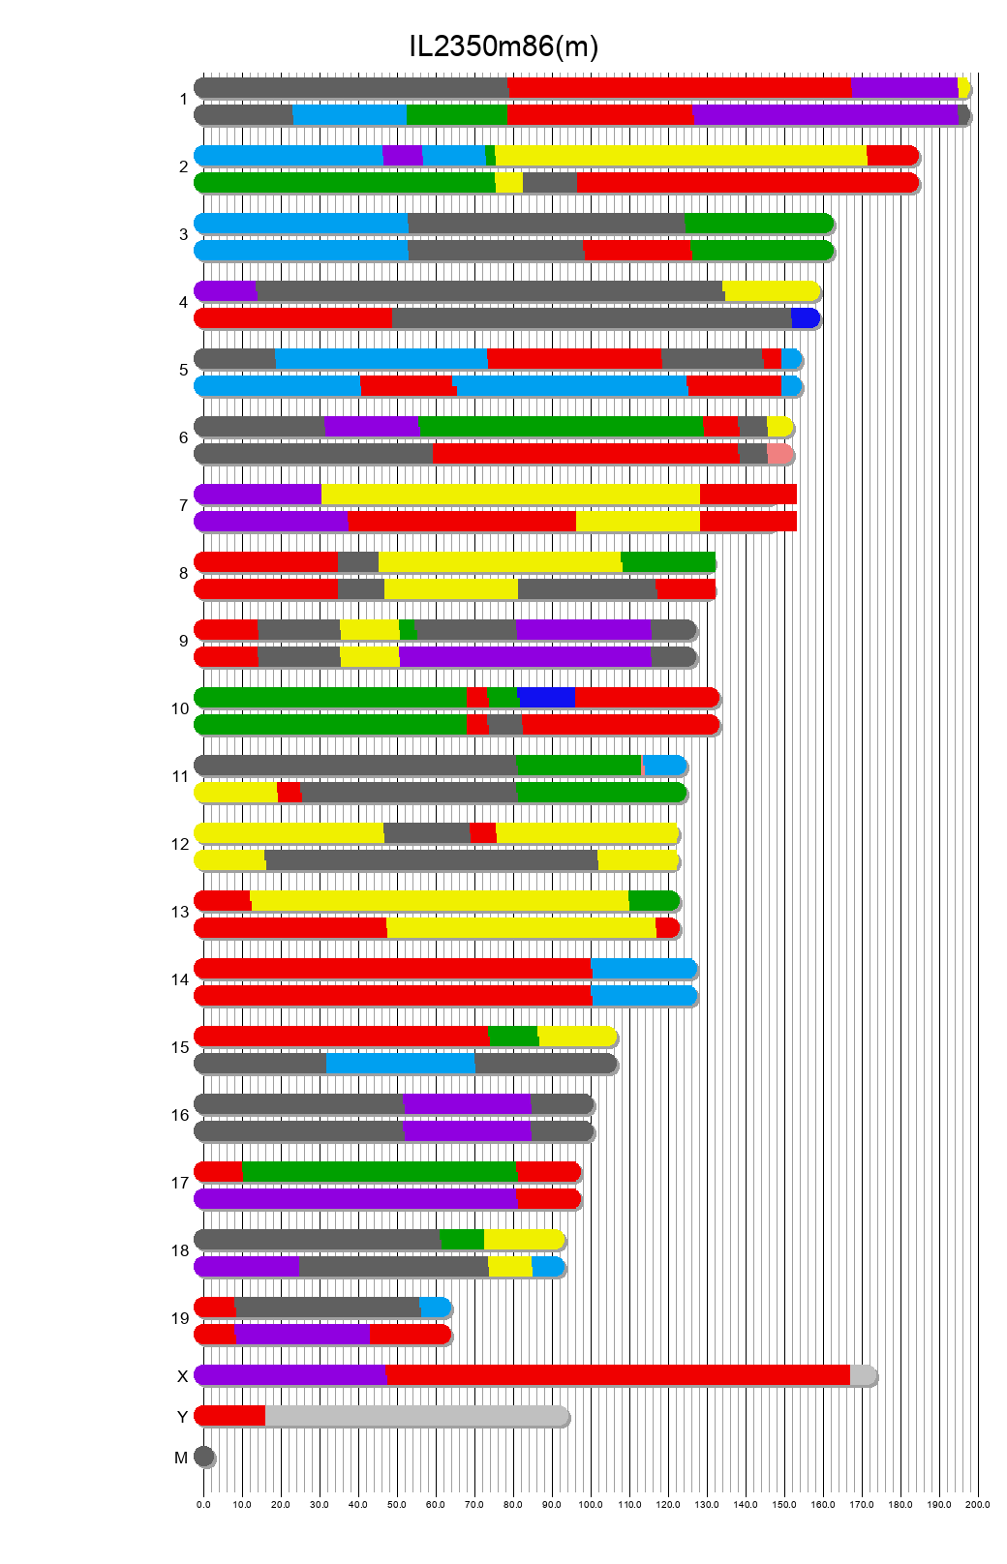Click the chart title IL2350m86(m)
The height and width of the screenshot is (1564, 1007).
click(503, 45)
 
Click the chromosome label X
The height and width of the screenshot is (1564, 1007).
click(182, 1376)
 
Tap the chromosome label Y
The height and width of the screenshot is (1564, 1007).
click(182, 1417)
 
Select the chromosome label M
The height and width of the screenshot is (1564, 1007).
click(181, 1458)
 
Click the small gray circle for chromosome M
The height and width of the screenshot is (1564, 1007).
click(203, 1456)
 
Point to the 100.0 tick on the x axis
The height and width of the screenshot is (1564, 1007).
click(591, 1504)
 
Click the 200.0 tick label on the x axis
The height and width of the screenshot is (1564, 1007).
click(978, 1504)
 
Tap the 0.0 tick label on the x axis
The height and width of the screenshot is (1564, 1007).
click(203, 1504)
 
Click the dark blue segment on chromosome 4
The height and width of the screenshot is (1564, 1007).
click(805, 317)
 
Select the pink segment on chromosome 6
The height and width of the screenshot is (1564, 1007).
click(779, 453)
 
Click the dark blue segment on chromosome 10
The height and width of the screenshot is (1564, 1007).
click(546, 697)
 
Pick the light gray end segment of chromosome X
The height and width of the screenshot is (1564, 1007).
click(862, 1374)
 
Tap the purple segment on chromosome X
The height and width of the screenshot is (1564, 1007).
click(290, 1374)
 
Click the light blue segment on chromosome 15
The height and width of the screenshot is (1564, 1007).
click(400, 1063)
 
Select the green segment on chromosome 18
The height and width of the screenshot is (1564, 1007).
click(461, 1239)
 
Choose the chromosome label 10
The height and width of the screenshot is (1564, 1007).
click(180, 708)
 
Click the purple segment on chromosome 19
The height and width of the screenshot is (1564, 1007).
click(302, 1334)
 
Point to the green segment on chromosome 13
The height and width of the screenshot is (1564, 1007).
click(654, 900)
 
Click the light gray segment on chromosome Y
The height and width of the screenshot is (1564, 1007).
click(416, 1415)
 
